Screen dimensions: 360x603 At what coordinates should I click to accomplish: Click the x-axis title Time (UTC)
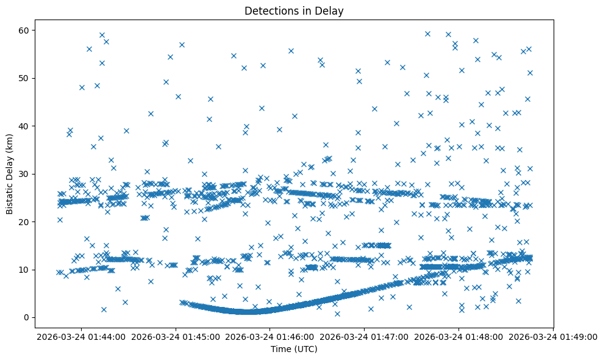click(294, 350)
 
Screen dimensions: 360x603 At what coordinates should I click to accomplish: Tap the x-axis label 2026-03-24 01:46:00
click(271, 336)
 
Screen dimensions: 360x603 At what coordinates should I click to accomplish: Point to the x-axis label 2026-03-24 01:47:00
click(365, 336)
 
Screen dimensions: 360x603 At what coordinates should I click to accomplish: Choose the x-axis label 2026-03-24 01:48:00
click(459, 336)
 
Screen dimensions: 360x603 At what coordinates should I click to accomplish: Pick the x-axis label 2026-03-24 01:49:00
click(553, 336)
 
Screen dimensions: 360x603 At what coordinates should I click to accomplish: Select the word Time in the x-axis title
click(281, 350)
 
